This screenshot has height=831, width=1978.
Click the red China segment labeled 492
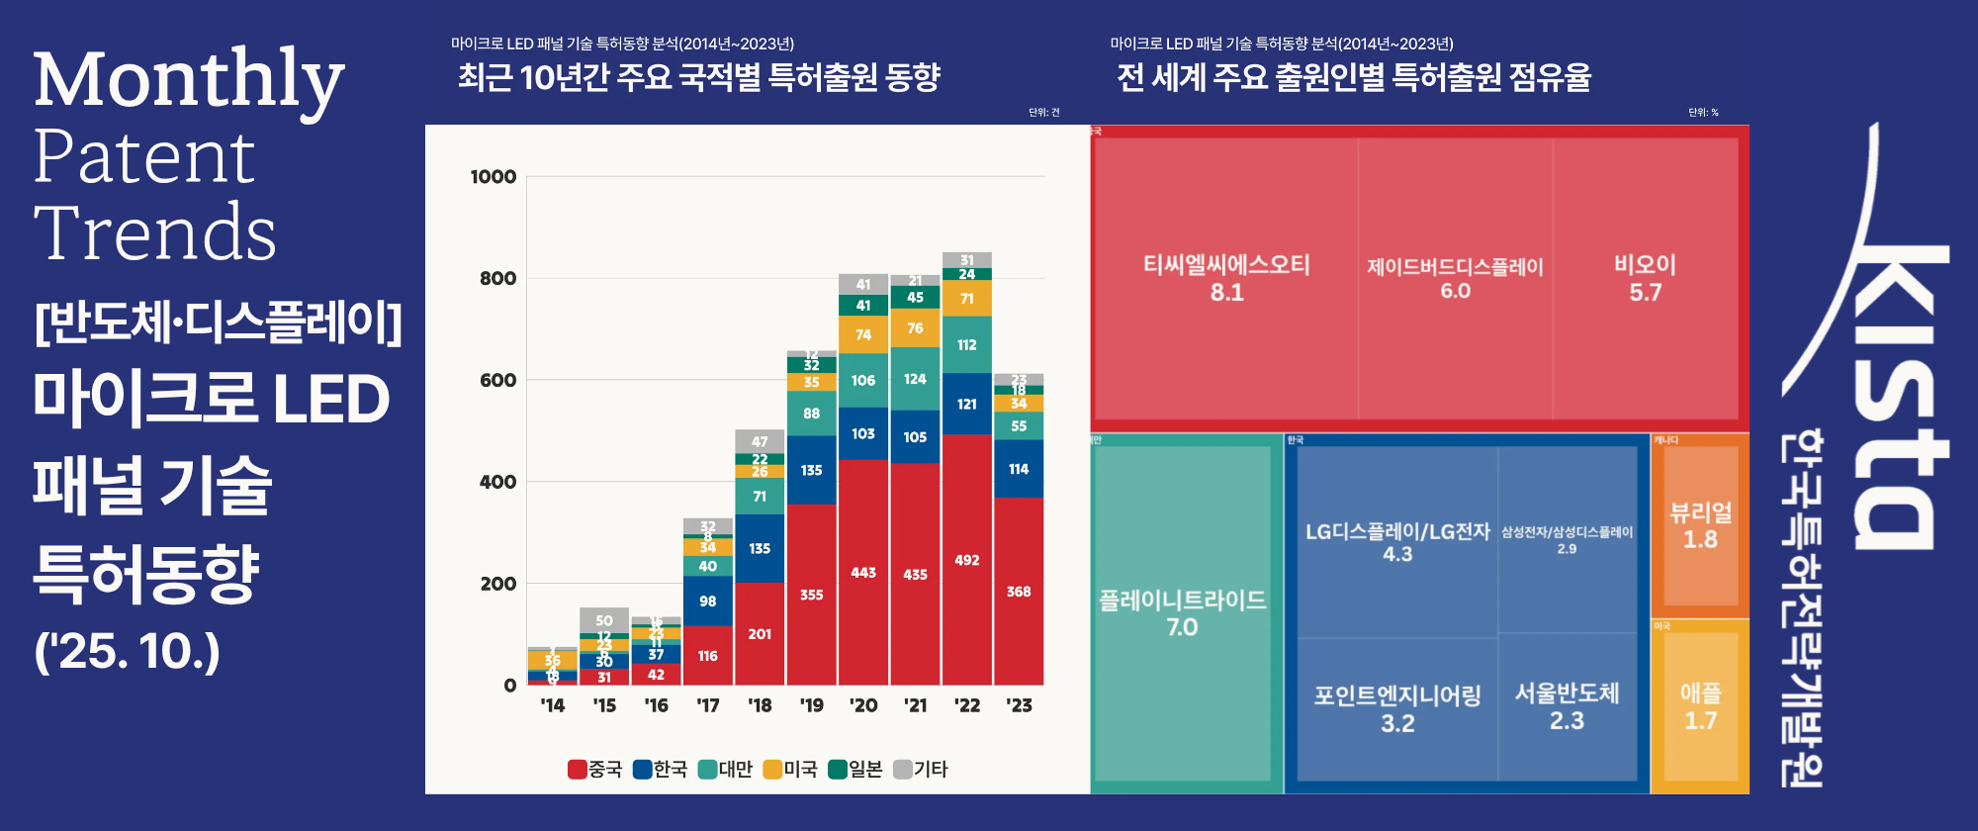pyautogui.click(x=967, y=560)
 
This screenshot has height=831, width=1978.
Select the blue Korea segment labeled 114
pyautogui.click(x=1019, y=469)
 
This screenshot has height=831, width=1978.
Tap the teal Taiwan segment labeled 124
pyautogui.click(x=915, y=379)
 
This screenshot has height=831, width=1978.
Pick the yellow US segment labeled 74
pyautogui.click(x=863, y=334)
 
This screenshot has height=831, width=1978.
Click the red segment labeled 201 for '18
pyautogui.click(x=760, y=633)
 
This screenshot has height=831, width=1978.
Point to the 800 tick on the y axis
pyautogui.click(x=497, y=279)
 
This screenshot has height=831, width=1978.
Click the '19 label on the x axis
pyautogui.click(x=811, y=705)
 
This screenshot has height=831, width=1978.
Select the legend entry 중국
pyautogui.click(x=595, y=769)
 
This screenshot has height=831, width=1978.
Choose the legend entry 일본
pyautogui.click(x=855, y=769)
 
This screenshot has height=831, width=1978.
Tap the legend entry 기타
pyautogui.click(x=921, y=769)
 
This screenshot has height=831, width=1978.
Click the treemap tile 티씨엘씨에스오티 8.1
pyautogui.click(x=1226, y=278)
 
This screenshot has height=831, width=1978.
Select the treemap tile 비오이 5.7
pyautogui.click(x=1645, y=278)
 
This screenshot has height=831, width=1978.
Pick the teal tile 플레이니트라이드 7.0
pyautogui.click(x=1182, y=613)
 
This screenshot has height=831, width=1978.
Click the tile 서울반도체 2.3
pyautogui.click(x=1567, y=706)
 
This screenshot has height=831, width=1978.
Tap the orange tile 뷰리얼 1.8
pyautogui.click(x=1700, y=525)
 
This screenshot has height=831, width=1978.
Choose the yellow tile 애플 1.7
pyautogui.click(x=1700, y=706)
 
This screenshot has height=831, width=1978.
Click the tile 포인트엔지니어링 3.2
pyautogui.click(x=1396, y=708)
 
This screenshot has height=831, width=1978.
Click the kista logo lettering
pyautogui.click(x=1894, y=396)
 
